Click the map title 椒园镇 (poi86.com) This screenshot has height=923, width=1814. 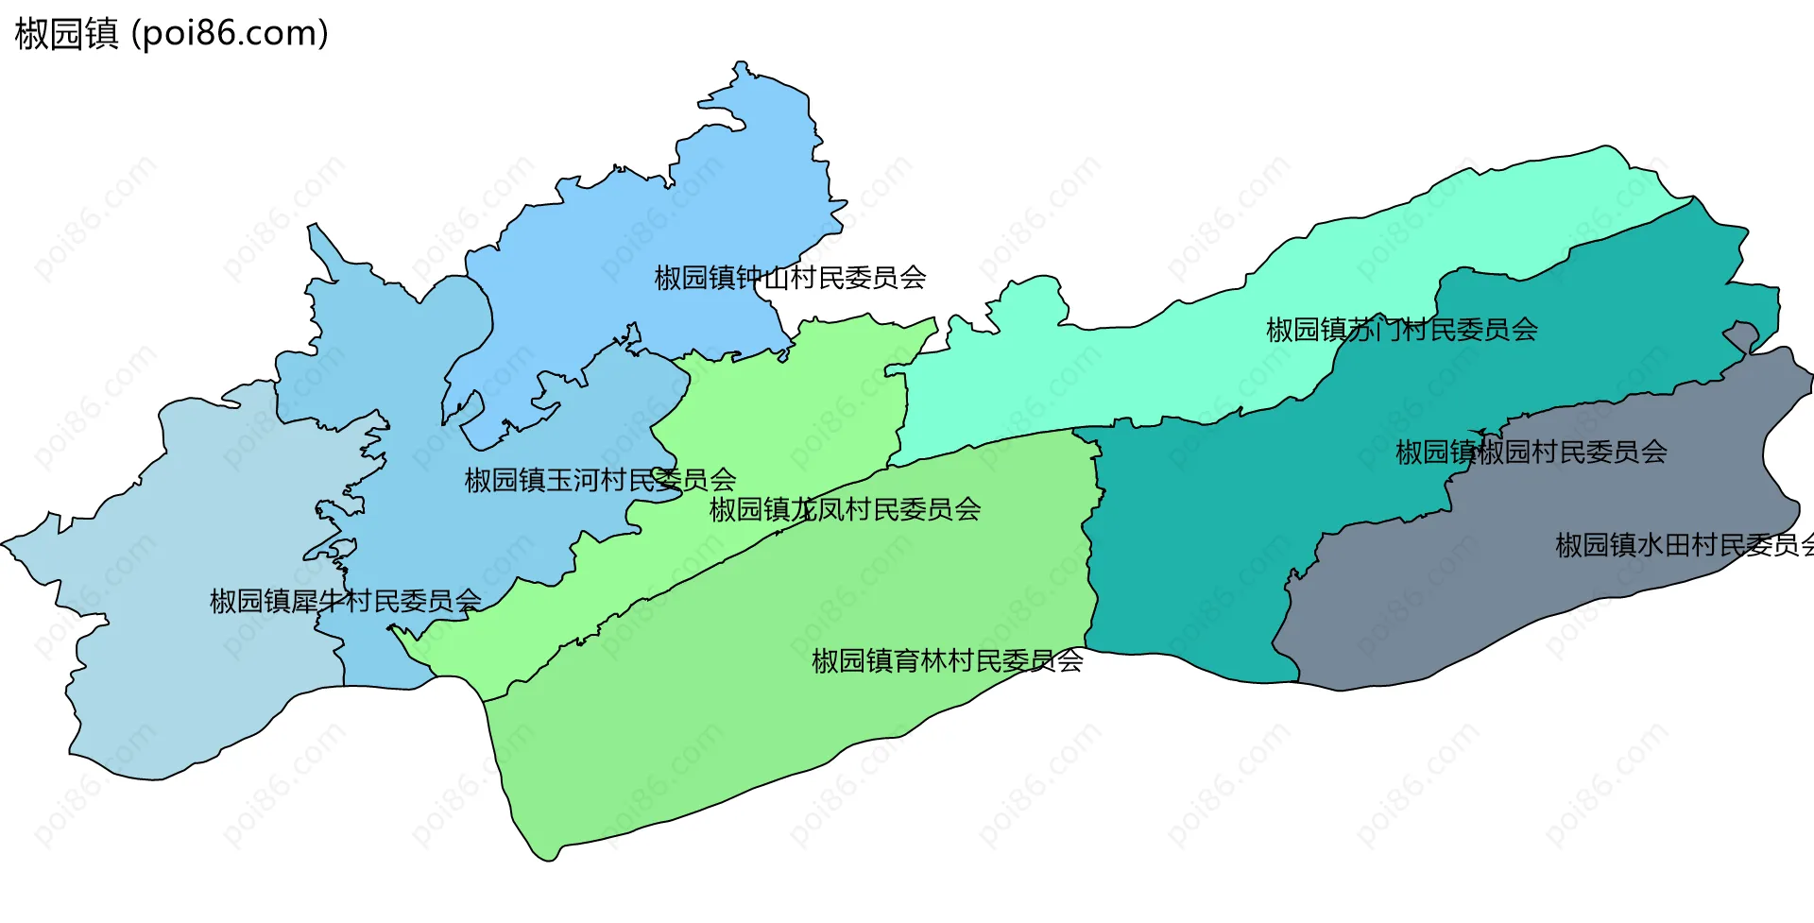pyautogui.click(x=171, y=34)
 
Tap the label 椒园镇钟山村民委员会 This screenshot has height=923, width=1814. pyautogui.click(x=790, y=278)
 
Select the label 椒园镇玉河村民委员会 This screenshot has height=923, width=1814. pyautogui.click(x=600, y=480)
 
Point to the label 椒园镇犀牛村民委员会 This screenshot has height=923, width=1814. pyautogui.click(x=345, y=601)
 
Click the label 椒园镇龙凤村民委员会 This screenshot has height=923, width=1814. pyautogui.click(x=845, y=510)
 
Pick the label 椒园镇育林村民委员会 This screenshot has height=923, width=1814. pyautogui.click(x=947, y=661)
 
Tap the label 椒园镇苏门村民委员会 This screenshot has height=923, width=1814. pyautogui.click(x=1401, y=330)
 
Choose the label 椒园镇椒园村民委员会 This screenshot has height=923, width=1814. pyautogui.click(x=1531, y=453)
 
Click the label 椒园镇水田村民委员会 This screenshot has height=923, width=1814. pyautogui.click(x=1682, y=545)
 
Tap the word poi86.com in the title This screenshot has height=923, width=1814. pyautogui.click(x=230, y=34)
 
